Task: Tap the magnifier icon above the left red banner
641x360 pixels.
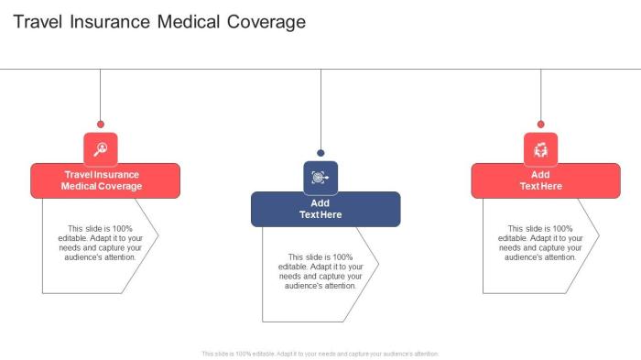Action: [x=101, y=148]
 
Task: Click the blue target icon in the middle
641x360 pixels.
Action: [x=320, y=178]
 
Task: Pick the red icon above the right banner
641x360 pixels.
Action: [x=540, y=148]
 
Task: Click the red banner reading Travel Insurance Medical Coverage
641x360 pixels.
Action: [x=105, y=180]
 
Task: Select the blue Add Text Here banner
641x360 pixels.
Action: [x=325, y=209]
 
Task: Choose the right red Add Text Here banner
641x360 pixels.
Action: [x=544, y=180]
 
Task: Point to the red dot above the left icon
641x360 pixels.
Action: [x=101, y=124]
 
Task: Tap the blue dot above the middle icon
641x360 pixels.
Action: [x=320, y=153]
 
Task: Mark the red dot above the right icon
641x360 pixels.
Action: [x=540, y=124]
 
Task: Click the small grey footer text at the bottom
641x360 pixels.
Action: [x=320, y=353]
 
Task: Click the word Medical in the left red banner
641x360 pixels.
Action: [x=79, y=186]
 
